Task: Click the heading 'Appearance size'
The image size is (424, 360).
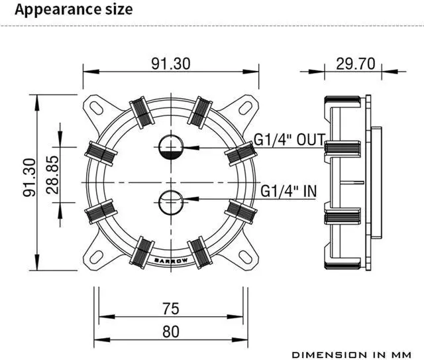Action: pos(74,9)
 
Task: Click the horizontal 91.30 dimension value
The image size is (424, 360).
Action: pos(171,64)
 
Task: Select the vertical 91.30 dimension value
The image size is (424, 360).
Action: pos(29,177)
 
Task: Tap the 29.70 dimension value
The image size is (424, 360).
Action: pos(356,64)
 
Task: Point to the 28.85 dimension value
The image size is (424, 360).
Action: pos(52,174)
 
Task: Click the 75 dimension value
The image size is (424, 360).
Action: pos(171,308)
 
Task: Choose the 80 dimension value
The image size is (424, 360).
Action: pos(171,331)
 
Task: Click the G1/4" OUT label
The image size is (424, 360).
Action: pos(290,140)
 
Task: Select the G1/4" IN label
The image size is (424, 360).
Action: pos(288,191)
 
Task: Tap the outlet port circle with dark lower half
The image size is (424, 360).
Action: pos(171,147)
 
